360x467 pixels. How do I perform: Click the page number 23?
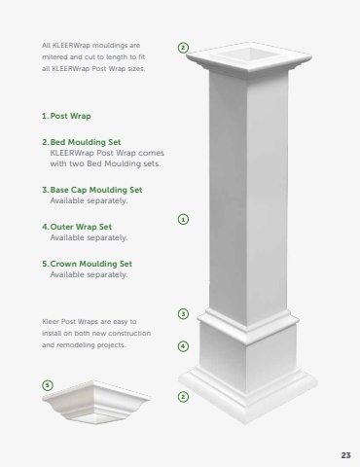click(x=345, y=455)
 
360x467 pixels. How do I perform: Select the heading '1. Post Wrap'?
click(x=66, y=116)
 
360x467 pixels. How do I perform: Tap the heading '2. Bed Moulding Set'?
click(x=82, y=142)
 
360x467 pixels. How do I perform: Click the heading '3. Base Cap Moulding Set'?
click(x=92, y=190)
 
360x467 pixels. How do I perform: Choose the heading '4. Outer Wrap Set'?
click(x=77, y=227)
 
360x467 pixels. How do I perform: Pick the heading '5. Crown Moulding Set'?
click(x=87, y=264)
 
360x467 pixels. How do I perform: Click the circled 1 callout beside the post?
click(x=183, y=219)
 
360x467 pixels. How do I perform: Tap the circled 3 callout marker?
click(x=183, y=313)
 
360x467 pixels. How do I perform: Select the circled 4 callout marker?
click(x=183, y=346)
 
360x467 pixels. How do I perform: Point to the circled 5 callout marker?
click(x=48, y=385)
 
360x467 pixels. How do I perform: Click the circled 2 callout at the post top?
click(x=183, y=48)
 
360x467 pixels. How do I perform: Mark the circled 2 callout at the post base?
click(x=183, y=396)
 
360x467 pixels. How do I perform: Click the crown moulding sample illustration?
click(x=96, y=402)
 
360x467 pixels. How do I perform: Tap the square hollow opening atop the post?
click(x=249, y=54)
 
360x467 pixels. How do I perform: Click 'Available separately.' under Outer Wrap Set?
click(x=89, y=237)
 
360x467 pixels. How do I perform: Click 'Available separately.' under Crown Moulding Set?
click(x=89, y=274)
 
